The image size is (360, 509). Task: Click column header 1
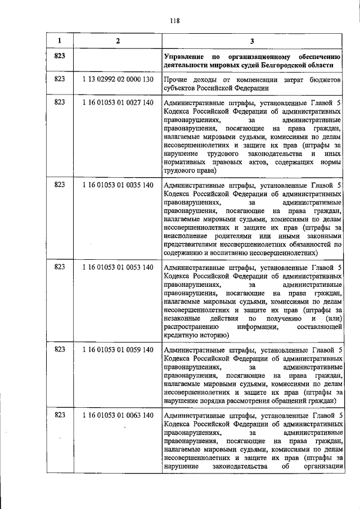click(x=60, y=40)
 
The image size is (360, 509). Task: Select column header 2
click(x=118, y=40)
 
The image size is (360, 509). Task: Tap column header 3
click(x=252, y=40)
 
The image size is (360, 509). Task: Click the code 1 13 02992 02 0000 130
click(x=118, y=79)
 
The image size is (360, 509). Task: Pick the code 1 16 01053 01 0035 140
click(x=118, y=184)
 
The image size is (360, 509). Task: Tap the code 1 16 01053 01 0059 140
click(x=118, y=349)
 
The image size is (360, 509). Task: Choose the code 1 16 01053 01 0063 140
click(x=118, y=415)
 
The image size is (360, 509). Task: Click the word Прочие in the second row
click(x=175, y=80)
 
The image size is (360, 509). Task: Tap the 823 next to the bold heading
click(x=60, y=57)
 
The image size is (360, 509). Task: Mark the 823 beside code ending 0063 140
click(x=60, y=415)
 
